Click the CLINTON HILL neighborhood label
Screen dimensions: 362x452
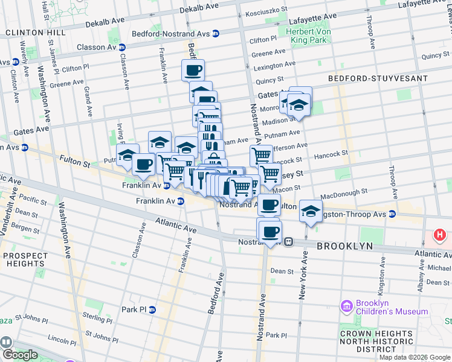pos(35,32)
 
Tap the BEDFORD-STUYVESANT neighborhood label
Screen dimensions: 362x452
pos(378,78)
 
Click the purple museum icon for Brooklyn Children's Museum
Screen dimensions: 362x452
pos(346,306)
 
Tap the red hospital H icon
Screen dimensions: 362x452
pos(441,234)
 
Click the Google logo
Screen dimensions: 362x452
pos(19,355)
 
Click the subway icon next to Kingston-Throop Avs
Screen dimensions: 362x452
pos(392,214)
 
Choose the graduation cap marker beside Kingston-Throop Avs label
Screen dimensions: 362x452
pos(311,212)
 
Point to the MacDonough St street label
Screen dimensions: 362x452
pos(344,192)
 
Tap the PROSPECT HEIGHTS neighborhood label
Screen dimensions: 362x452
pos(25,260)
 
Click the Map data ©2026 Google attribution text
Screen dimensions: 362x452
pos(415,357)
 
